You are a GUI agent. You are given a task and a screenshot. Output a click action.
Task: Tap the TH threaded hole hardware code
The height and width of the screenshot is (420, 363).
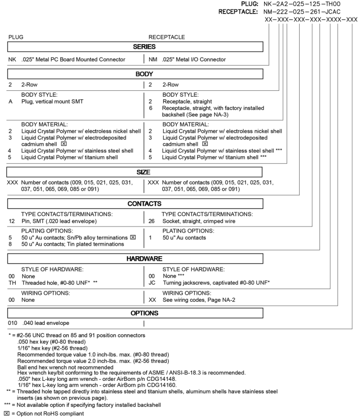click(13, 282)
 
